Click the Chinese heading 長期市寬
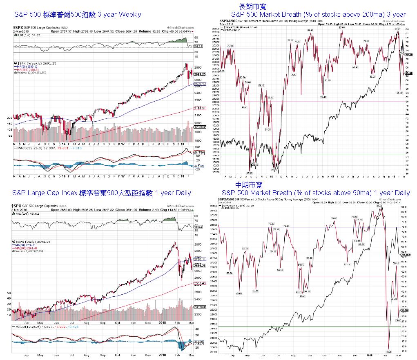pos(252,6)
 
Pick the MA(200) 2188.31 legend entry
pos(29,70)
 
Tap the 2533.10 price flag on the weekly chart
pos(200,84)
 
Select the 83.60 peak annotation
pos(342,27)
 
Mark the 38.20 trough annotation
pos(268,129)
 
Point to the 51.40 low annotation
pos(323,97)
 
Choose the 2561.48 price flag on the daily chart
pos(200,284)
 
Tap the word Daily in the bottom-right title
pos(397,193)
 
